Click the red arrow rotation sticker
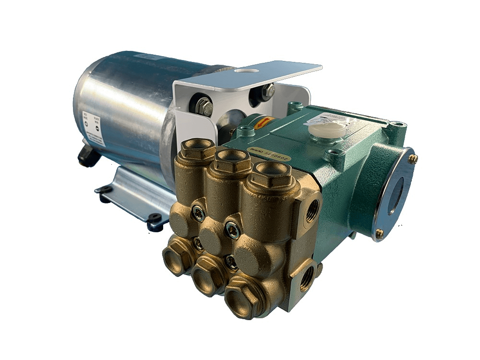click(x=263, y=122)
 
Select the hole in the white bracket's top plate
click(x=246, y=71)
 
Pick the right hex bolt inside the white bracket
click(x=267, y=91)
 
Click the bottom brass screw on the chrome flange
click(x=379, y=234)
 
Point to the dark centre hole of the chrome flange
click(x=396, y=195)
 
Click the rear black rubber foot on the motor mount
click(x=104, y=190)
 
